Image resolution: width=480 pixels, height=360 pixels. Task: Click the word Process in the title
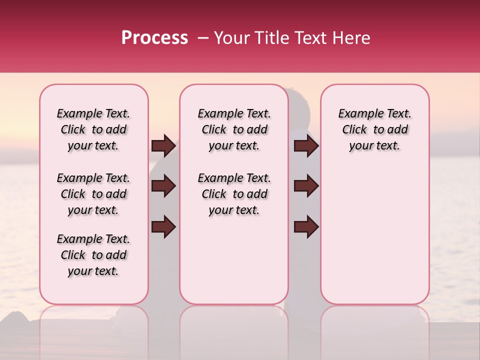(154, 38)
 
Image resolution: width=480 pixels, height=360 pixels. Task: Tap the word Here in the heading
(352, 38)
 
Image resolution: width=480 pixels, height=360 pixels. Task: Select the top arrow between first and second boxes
(163, 146)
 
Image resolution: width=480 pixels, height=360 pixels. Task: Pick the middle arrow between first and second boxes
(163, 186)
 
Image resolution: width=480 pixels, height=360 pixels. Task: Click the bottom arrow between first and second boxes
(163, 226)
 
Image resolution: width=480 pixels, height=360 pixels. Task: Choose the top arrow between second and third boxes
(306, 146)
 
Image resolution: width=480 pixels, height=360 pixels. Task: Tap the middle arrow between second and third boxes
(306, 186)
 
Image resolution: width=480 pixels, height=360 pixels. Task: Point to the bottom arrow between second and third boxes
(306, 226)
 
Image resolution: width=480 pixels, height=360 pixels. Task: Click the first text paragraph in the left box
(93, 129)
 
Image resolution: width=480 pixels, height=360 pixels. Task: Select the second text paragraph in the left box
(93, 194)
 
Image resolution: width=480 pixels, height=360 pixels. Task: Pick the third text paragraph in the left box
(93, 255)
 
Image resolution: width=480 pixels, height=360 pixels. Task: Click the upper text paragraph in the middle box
(234, 129)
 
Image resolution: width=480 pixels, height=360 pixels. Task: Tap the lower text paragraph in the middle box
(234, 194)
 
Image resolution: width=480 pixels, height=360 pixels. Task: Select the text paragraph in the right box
(374, 129)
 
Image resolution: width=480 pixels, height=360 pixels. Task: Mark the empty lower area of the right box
(374, 235)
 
